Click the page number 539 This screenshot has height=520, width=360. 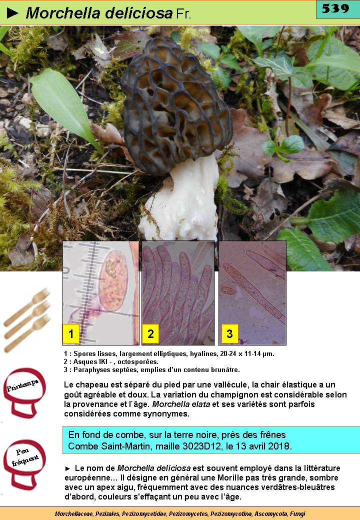click(335, 8)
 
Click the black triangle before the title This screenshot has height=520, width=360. click(12, 13)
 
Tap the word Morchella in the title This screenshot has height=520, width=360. click(63, 13)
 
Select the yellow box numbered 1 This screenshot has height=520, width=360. click(71, 333)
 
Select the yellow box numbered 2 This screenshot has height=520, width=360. click(150, 333)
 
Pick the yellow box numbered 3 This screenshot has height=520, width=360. click(229, 333)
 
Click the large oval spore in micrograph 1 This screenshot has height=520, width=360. click(113, 280)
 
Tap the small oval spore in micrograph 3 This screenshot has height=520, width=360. click(228, 291)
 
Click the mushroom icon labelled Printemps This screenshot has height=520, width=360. click(24, 392)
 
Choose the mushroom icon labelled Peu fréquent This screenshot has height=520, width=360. click(24, 464)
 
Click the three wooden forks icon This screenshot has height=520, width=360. click(26, 319)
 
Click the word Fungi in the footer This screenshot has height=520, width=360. click(297, 513)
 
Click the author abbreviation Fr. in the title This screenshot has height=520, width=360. click(183, 13)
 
